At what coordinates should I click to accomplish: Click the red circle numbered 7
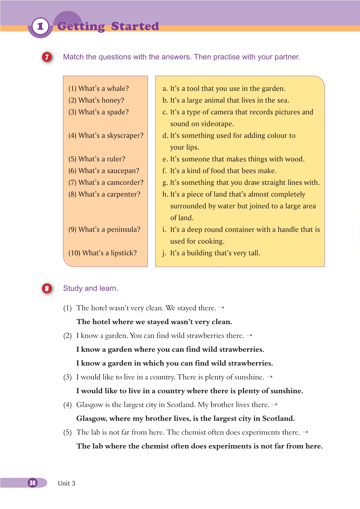tap(47, 57)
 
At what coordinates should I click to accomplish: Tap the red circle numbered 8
tap(47, 288)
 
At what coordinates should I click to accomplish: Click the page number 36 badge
tap(33, 483)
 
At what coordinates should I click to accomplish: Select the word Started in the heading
tap(135, 27)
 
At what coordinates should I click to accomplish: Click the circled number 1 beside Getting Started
tap(40, 27)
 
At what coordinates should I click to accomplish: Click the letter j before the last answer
tap(164, 253)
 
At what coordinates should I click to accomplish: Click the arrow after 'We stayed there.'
tap(221, 308)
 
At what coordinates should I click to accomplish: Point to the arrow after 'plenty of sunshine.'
tap(270, 377)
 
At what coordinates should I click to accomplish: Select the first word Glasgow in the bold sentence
tap(91, 419)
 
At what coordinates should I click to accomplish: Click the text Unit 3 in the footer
tap(67, 483)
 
